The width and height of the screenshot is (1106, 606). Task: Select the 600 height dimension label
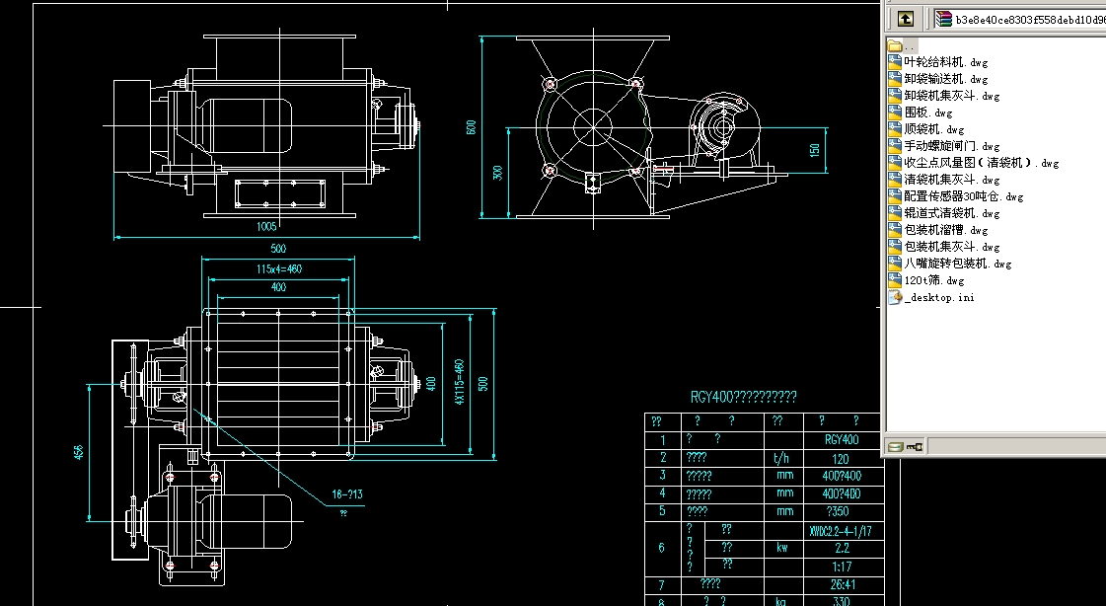[472, 127]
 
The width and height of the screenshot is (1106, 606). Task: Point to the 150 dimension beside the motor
[814, 150]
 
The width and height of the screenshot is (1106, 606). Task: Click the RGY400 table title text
[743, 397]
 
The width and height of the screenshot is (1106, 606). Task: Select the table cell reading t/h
[784, 458]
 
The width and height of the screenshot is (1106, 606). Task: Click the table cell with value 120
[841, 458]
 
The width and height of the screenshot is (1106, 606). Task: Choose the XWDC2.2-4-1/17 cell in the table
[841, 529]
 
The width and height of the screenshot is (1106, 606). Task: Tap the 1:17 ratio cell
[841, 566]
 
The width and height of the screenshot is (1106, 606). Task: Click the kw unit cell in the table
[784, 547]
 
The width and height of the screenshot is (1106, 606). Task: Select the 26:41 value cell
[841, 584]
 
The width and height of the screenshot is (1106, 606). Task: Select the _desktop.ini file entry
[938, 297]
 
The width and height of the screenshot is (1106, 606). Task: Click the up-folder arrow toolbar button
[905, 18]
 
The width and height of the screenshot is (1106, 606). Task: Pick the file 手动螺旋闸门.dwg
[951, 146]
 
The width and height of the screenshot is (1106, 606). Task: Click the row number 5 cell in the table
[662, 511]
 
